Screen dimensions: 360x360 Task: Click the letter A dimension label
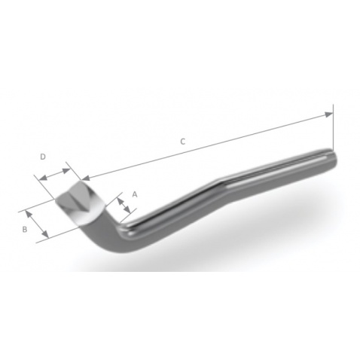click(134, 194)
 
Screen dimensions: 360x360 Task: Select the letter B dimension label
click(25, 227)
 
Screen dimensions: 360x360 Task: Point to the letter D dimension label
click(43, 157)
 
